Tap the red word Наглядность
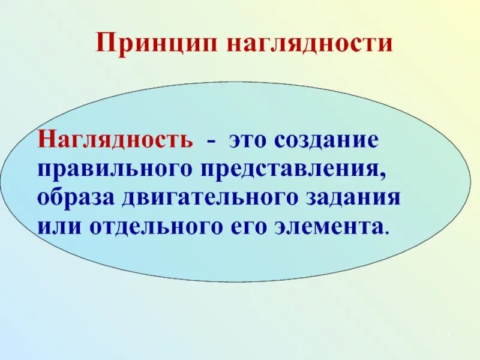pyautogui.click(x=116, y=140)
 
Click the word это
pyautogui.click(x=247, y=140)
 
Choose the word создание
pyautogui.click(x=327, y=140)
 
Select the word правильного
pyautogui.click(x=113, y=169)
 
